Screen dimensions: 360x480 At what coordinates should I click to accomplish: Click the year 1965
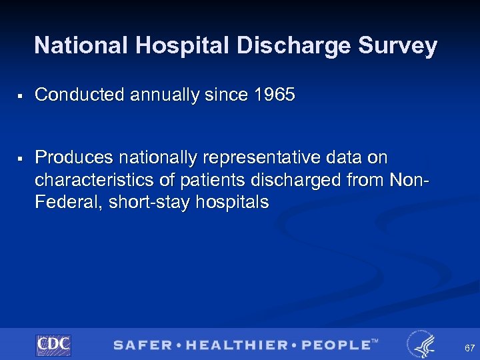[274, 95]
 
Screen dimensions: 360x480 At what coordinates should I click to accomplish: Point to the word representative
[267, 158]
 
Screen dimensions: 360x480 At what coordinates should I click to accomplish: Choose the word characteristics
[97, 180]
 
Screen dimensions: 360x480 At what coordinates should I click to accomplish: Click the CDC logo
[53, 345]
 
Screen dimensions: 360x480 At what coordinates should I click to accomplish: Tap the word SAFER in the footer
[141, 345]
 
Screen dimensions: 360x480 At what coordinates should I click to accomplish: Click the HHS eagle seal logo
[421, 344]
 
